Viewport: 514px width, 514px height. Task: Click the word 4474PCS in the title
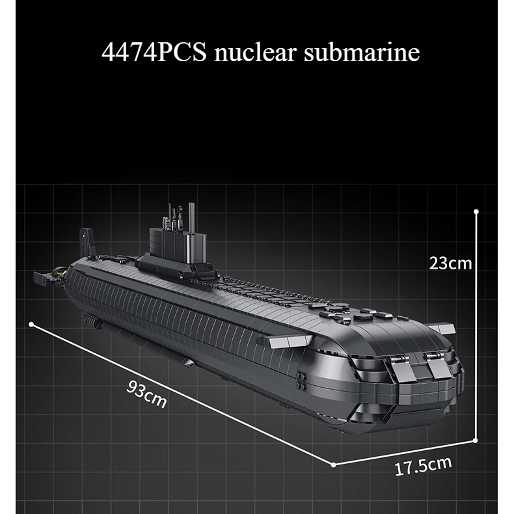tap(152, 53)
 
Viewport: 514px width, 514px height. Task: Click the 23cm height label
tap(450, 263)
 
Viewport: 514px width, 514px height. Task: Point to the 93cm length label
tap(146, 395)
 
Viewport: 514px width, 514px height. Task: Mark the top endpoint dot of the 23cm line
tap(477, 211)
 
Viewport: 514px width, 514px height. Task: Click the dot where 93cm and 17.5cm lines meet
tap(333, 465)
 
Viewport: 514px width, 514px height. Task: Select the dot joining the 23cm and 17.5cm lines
tap(478, 440)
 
